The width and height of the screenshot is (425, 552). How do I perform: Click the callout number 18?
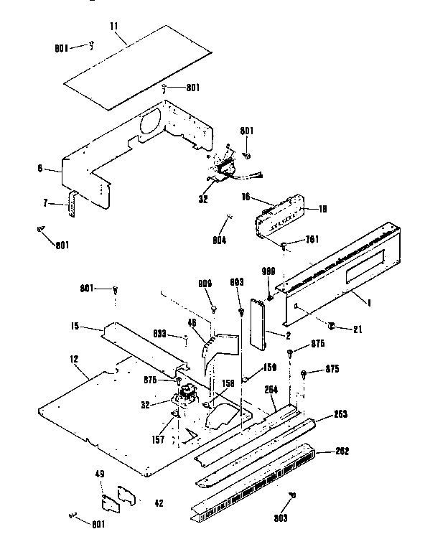[322, 209]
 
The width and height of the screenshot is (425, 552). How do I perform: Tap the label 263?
[342, 414]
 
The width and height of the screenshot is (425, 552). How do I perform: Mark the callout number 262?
[342, 452]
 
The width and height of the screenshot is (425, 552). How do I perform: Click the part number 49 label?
[100, 474]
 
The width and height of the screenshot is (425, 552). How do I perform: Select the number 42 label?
[158, 503]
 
